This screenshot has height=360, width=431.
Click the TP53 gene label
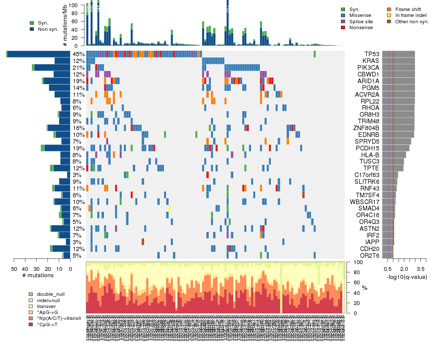(x=372, y=54)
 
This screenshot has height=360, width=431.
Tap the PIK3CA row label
(x=369, y=68)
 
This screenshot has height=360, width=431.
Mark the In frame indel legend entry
(x=410, y=15)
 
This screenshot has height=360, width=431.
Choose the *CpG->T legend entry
(x=48, y=324)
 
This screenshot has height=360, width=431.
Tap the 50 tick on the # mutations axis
(x=14, y=269)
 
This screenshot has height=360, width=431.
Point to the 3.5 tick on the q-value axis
(x=420, y=269)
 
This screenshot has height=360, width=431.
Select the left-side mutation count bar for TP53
(x=38, y=54)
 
